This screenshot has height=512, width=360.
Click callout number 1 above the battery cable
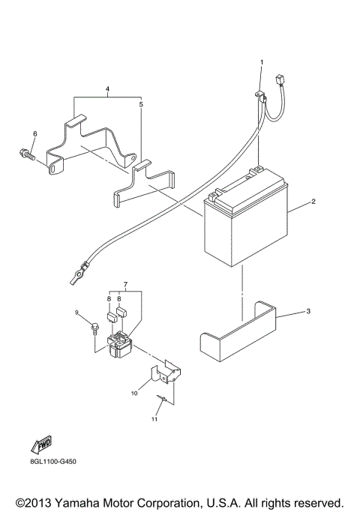262,61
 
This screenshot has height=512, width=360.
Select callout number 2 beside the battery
313,202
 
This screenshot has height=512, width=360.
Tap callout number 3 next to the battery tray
307,310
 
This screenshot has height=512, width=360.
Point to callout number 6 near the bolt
34,134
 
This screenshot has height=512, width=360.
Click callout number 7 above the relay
125,285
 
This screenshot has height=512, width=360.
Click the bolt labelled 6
26,156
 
